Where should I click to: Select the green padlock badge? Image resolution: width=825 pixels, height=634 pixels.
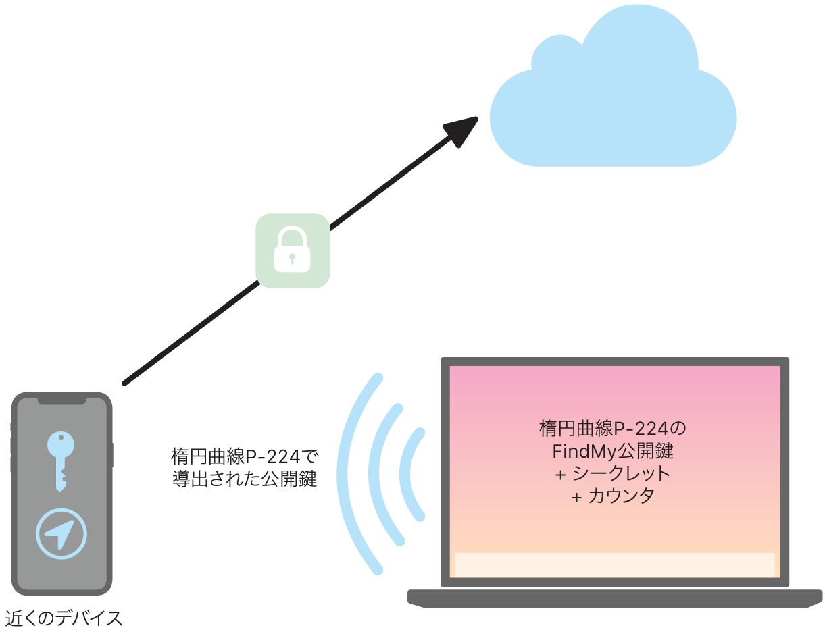tap(293, 250)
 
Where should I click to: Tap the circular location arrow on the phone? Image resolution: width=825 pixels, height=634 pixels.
tap(61, 534)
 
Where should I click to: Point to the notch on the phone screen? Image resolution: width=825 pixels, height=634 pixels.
tap(61, 401)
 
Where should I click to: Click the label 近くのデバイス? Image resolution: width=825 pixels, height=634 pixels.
tap(64, 618)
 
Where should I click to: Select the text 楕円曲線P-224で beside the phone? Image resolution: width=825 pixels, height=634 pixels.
tap(244, 454)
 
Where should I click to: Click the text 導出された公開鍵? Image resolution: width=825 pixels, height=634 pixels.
tap(244, 479)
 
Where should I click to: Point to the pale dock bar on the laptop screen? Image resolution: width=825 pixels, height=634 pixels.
tap(614, 565)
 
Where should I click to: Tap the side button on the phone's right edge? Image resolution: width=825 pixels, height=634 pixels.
tap(111, 455)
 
